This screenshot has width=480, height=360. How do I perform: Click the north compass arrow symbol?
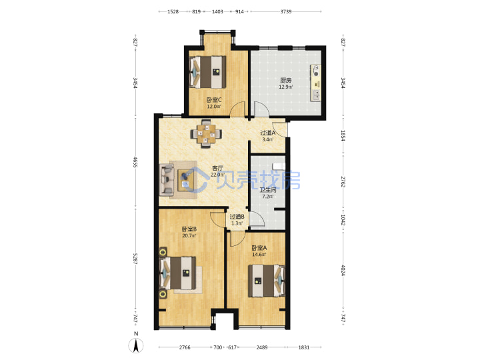point(136,345)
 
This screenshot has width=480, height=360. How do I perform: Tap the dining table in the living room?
point(206,134)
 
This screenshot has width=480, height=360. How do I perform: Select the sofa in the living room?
point(167,179)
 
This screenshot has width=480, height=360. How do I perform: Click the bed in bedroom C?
point(207,72)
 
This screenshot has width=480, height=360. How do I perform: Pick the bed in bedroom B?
point(178,273)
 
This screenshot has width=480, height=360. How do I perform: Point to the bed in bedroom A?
point(267,281)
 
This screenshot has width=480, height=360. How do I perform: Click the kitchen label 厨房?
point(285,80)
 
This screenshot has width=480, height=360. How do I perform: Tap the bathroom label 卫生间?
point(268,190)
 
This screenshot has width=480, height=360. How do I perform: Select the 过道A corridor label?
point(268,133)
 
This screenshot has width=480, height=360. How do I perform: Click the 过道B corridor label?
point(237,217)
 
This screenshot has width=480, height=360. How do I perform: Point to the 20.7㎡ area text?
point(189,236)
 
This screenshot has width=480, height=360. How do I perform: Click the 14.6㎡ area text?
point(259,255)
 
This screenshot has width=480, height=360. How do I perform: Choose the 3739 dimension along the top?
point(286,11)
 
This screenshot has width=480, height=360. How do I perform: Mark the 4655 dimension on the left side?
point(135,162)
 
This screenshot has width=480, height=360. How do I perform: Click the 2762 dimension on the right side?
point(343,182)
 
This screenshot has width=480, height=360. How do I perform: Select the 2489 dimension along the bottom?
point(262,347)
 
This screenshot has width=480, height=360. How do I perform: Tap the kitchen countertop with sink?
point(316,83)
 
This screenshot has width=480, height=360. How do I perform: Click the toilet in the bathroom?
point(279,166)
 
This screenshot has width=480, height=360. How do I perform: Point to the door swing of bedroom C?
point(238,109)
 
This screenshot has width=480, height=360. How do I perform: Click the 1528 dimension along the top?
point(173,11)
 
